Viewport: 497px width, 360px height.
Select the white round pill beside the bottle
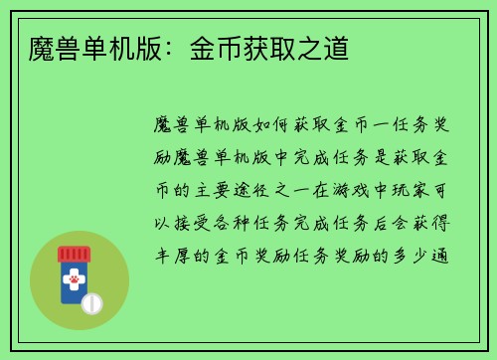click(90, 303)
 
